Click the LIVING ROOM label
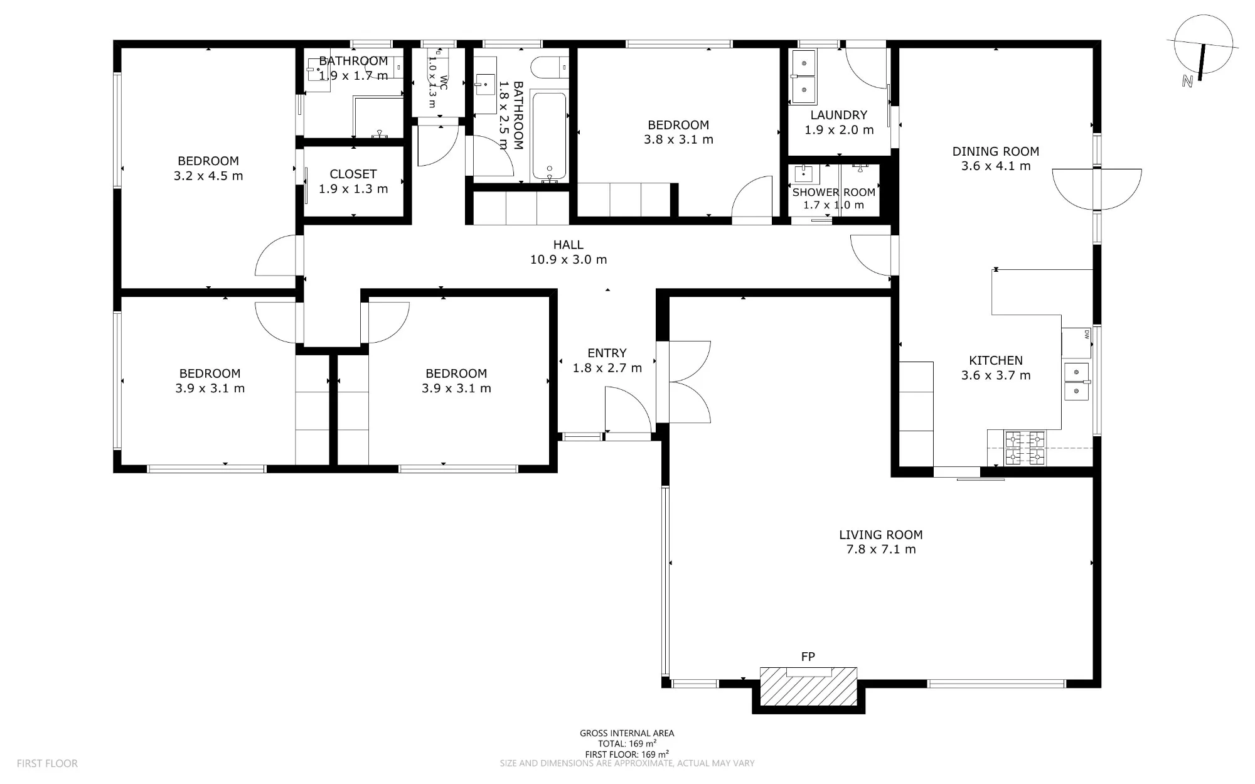(x=880, y=535)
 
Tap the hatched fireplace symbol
(x=808, y=687)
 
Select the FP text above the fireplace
(x=808, y=657)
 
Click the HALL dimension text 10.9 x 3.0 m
(x=569, y=259)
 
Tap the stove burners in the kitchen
(x=1025, y=448)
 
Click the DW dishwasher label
(x=1086, y=334)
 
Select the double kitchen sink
(x=1077, y=382)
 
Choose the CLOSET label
(x=353, y=174)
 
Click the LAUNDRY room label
(x=839, y=115)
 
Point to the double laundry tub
(x=803, y=77)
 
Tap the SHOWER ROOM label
(x=834, y=193)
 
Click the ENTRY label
(x=607, y=353)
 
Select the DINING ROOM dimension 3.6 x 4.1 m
(x=996, y=166)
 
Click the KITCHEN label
(x=996, y=360)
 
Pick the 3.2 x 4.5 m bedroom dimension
(x=208, y=176)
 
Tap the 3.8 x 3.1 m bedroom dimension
(x=678, y=139)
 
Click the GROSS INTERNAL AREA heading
(x=627, y=733)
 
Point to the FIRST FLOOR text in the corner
(x=47, y=763)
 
